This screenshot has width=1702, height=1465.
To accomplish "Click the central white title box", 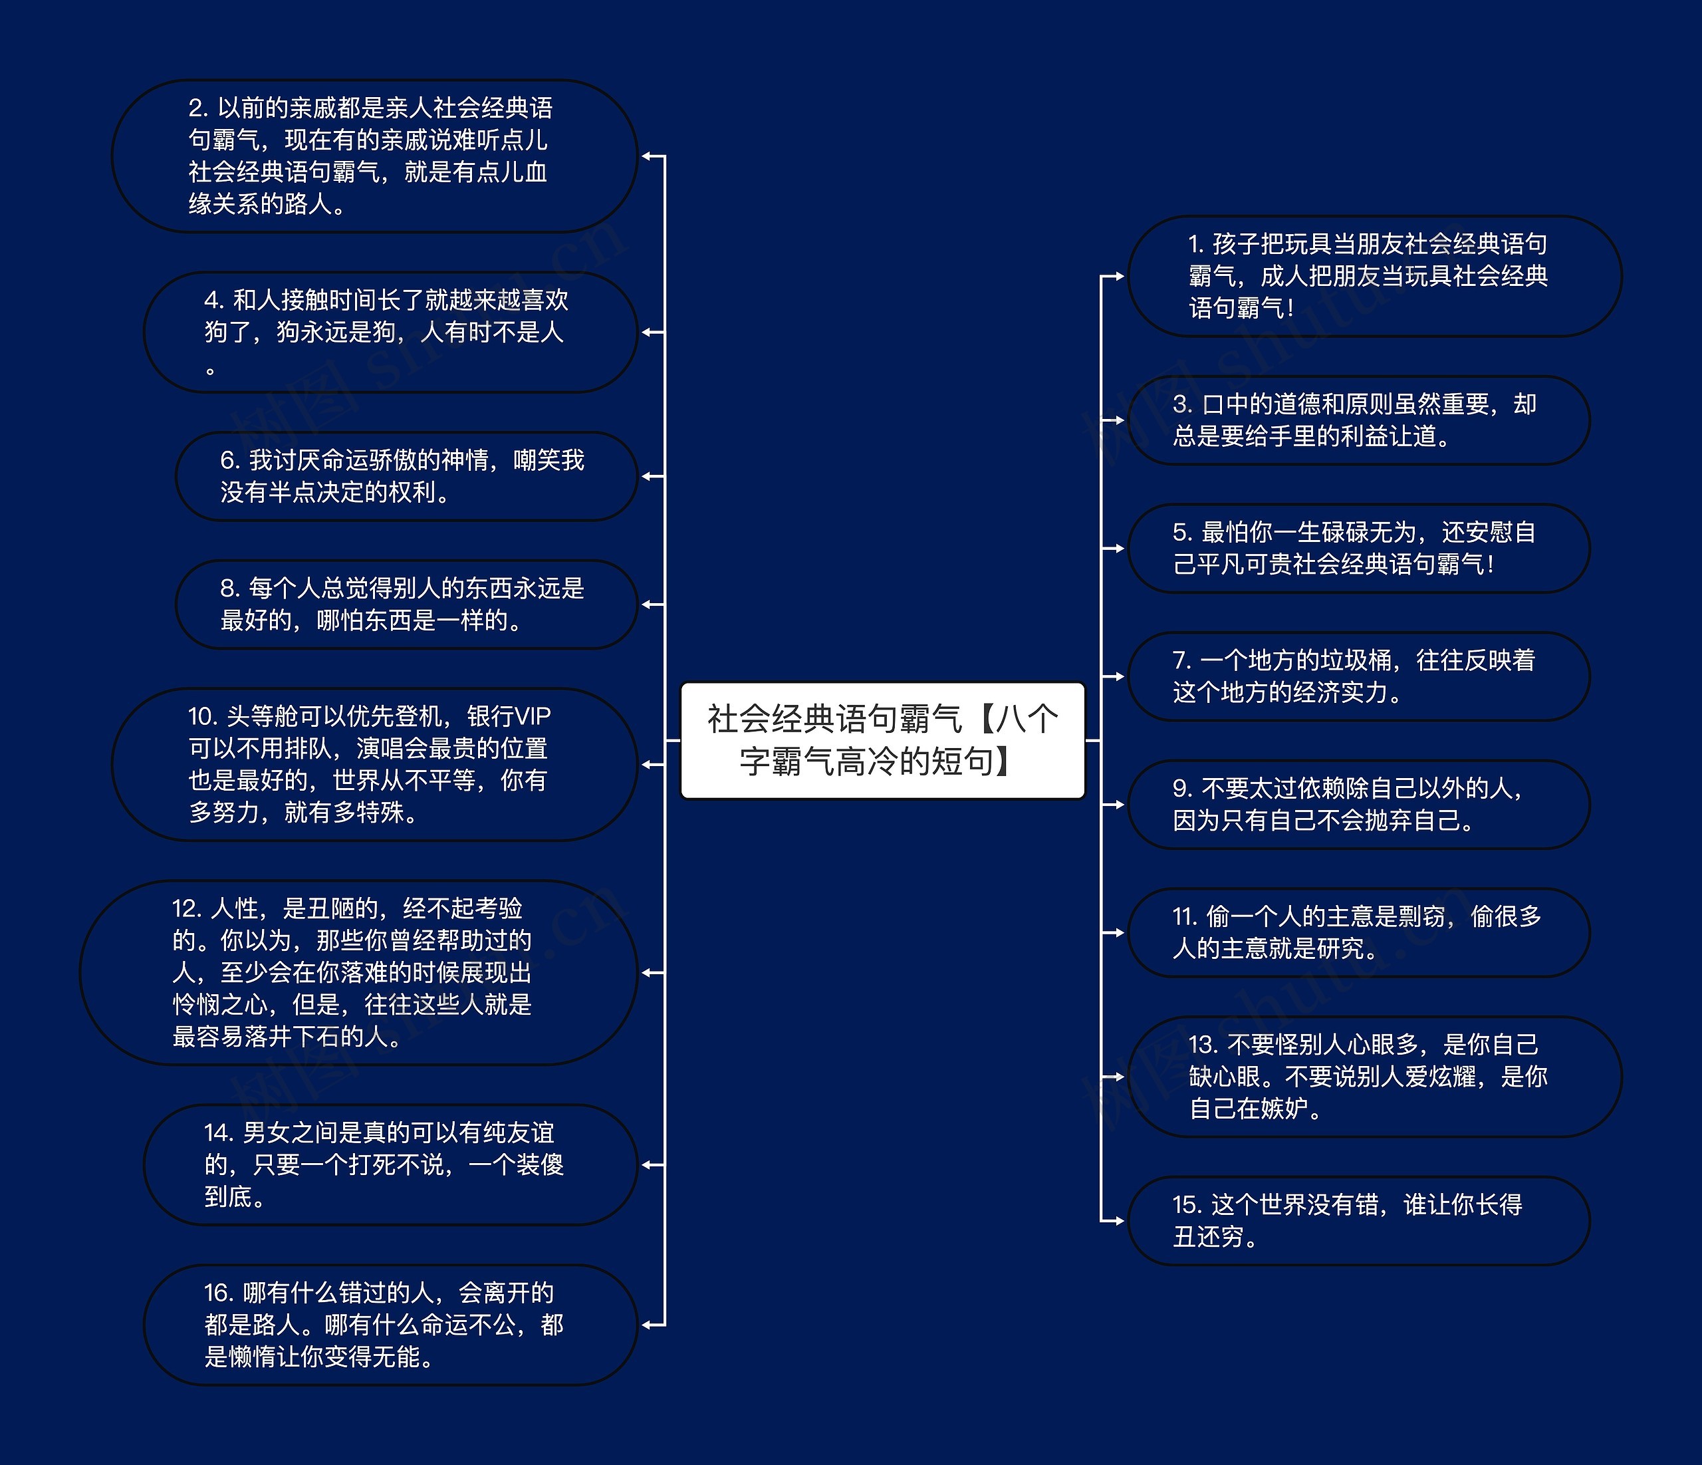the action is coord(882,739).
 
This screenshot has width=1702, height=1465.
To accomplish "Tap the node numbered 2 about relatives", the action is coord(374,156).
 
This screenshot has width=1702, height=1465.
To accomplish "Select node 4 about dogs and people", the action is coord(390,332).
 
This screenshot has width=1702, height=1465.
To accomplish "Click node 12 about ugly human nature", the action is coord(358,972).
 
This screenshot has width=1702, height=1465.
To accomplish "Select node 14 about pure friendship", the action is coord(390,1164).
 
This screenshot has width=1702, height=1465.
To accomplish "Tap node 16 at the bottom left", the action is coord(390,1325).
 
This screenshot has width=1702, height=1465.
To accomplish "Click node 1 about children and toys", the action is coord(1374,276).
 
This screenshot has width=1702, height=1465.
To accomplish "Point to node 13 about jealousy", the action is coord(1374,1077).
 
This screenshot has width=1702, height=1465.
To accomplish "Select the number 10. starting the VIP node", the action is coord(202,716).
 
